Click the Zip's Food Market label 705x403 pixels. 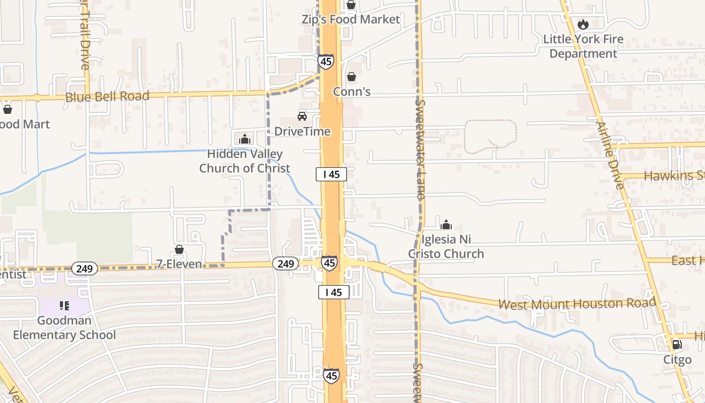coord(350,20)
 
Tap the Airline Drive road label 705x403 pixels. coord(610,155)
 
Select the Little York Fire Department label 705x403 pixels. coord(583,46)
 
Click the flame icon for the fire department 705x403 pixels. coord(583,24)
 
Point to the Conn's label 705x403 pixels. coord(352,92)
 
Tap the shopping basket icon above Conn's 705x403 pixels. coord(351,77)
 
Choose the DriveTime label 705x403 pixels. coord(302,131)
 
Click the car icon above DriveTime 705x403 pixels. coord(302,116)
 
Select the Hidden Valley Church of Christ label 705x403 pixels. coord(245,161)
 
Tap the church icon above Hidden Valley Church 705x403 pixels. coord(245,139)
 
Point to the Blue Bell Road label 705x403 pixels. coord(107,96)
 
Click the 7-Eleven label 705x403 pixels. coord(179,264)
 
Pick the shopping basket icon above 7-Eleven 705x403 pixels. coord(179,249)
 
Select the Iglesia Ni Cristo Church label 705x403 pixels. coord(446,246)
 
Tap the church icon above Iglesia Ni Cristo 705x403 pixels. coord(446,225)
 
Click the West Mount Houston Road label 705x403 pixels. coord(577,304)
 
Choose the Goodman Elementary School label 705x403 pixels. coord(64,328)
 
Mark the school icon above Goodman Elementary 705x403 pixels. coord(64,306)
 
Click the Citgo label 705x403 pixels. coord(677,360)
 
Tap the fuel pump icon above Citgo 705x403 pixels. coord(677,345)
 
